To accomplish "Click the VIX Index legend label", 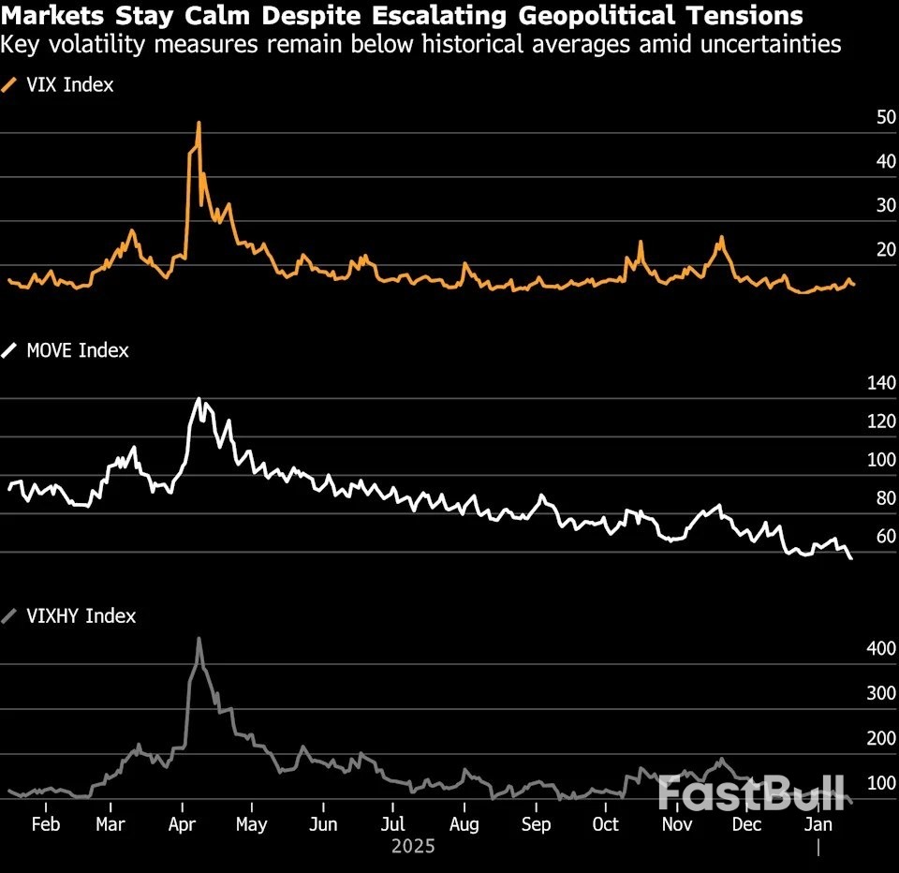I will (69, 85).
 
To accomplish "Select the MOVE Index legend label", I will (77, 351).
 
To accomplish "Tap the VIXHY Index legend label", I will (81, 616).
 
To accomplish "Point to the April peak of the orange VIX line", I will (199, 123).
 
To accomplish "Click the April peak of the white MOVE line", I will (198, 399).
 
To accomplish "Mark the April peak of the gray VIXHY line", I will (199, 639).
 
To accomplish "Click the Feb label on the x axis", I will (45, 825).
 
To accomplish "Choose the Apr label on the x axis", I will (182, 825).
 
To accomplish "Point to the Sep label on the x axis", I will (536, 825).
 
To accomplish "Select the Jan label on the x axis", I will (819, 825).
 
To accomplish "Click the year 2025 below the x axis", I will (413, 847).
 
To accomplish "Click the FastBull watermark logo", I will (751, 793).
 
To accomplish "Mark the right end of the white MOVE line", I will (851, 558).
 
